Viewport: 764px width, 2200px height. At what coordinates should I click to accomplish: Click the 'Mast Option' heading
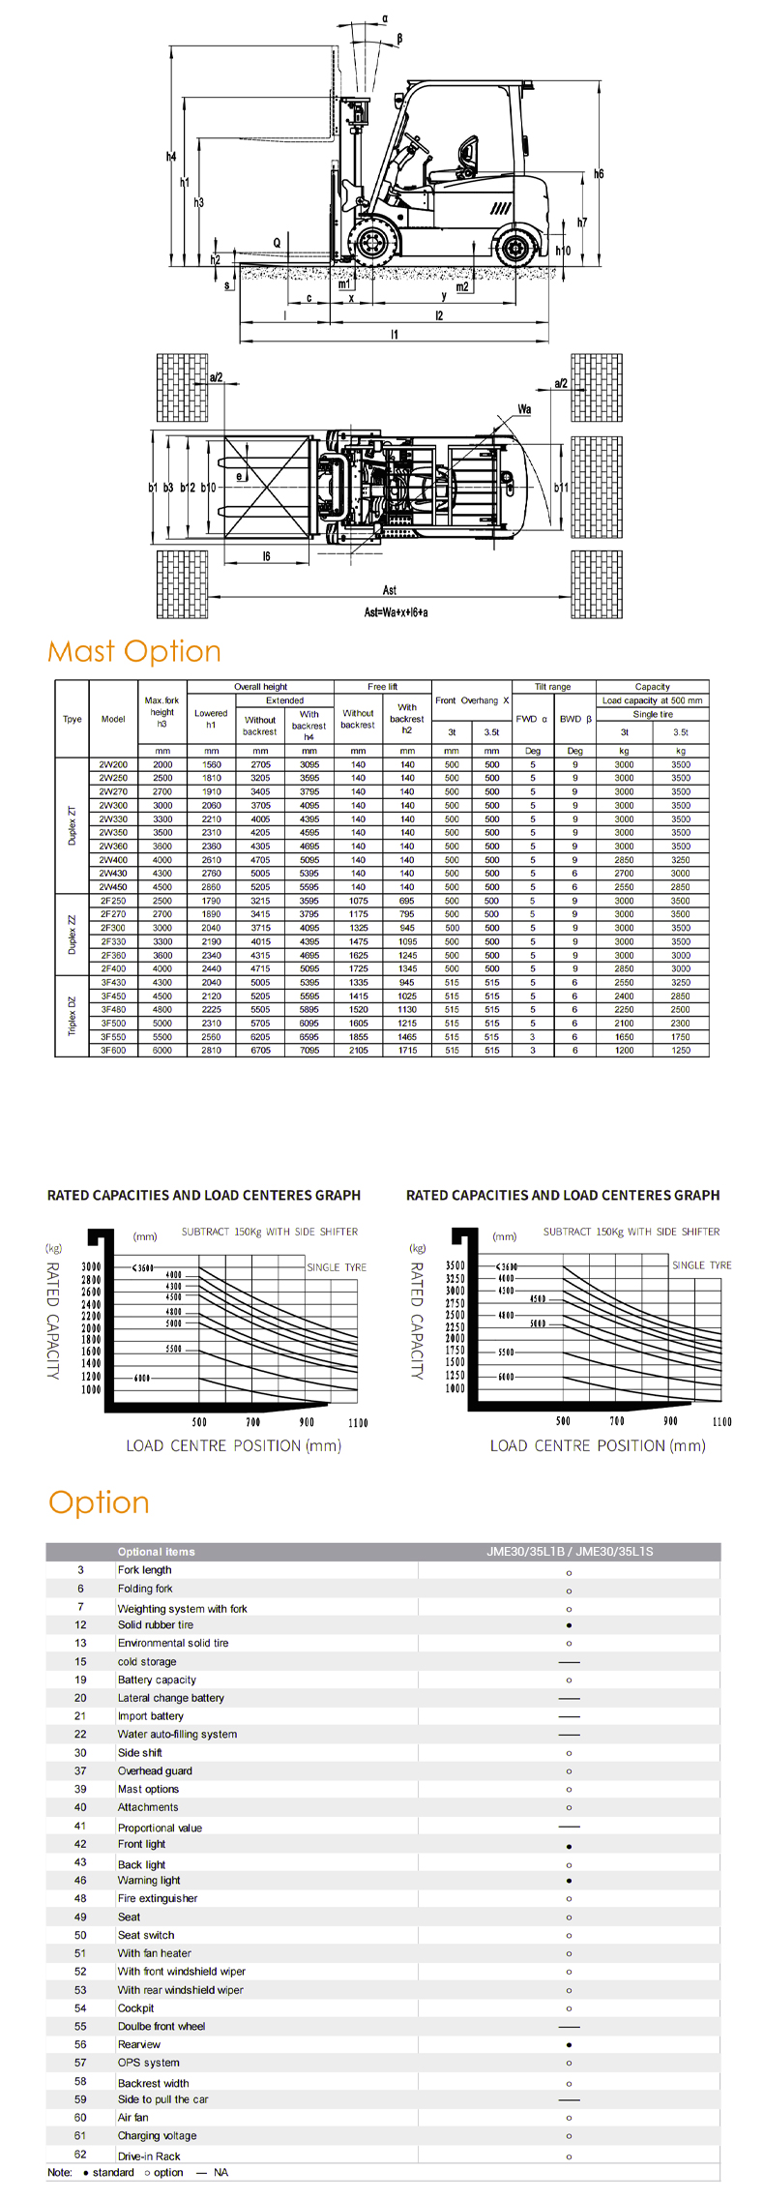134,651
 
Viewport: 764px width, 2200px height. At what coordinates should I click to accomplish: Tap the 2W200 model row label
113,764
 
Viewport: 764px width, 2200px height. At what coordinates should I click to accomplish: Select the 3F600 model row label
113,1050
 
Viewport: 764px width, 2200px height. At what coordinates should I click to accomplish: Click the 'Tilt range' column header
552,687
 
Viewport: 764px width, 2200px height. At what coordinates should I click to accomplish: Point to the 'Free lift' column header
382,687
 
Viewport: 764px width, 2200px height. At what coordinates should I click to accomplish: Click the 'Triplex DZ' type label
72,1016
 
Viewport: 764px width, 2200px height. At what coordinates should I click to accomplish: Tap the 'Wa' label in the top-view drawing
524,409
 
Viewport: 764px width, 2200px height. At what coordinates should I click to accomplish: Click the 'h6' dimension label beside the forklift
599,174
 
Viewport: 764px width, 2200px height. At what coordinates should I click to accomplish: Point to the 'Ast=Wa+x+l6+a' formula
396,612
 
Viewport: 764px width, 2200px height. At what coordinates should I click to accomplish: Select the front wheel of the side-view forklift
371,242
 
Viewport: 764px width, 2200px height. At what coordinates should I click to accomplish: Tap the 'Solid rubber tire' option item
156,1625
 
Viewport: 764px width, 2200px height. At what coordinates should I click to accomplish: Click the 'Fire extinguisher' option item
158,1898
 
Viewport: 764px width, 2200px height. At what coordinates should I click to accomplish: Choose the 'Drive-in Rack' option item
149,2156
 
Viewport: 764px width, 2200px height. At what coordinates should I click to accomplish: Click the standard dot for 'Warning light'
569,1881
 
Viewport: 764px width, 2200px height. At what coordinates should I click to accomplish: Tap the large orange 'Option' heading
99,1502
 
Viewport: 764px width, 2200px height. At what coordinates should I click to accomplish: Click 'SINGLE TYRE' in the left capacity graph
337,1267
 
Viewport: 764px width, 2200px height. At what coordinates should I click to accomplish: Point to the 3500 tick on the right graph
455,1265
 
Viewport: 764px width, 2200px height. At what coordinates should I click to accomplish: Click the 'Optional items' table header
157,1552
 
